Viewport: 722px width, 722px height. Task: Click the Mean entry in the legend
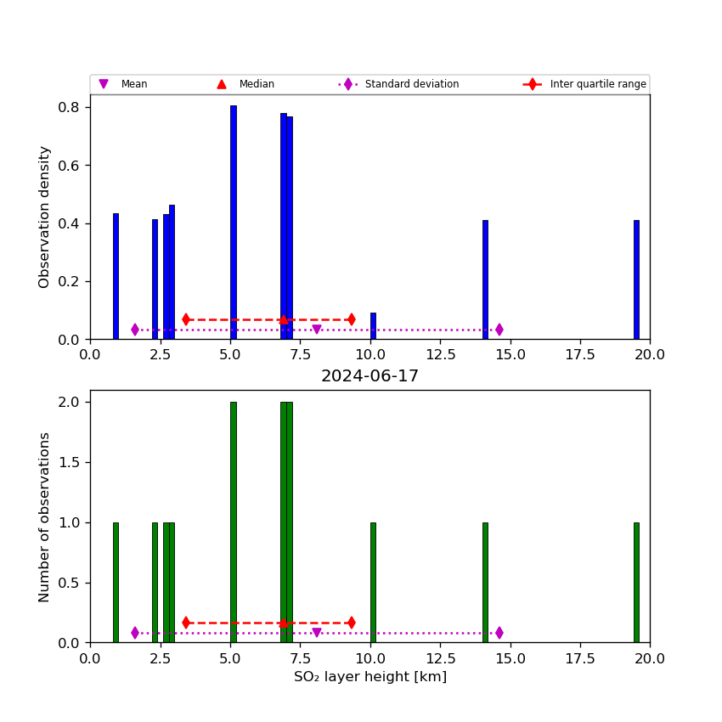[x=133, y=84]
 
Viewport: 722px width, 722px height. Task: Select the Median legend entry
[x=257, y=84]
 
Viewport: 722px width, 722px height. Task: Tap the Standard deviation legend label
[x=411, y=84]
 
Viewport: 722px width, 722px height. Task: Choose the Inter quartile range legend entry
[x=597, y=84]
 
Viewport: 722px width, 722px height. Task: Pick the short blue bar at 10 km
[x=373, y=326]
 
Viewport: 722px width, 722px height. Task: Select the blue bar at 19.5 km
[x=636, y=279]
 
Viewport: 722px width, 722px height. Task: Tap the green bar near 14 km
[x=485, y=582]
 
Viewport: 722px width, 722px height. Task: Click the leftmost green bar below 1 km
[x=116, y=582]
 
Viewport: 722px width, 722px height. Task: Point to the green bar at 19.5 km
[x=636, y=582]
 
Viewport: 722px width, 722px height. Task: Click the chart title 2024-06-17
[x=369, y=376]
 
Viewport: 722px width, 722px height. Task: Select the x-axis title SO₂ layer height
[x=369, y=677]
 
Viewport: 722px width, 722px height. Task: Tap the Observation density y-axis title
[x=45, y=217]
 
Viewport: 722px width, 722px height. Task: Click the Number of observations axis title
[x=45, y=516]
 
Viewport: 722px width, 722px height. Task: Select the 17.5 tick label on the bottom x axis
[x=580, y=658]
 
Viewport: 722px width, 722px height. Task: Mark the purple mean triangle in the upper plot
[x=317, y=330]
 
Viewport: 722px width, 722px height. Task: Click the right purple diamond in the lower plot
[x=499, y=633]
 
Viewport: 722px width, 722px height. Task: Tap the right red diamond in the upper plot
[x=351, y=319]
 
